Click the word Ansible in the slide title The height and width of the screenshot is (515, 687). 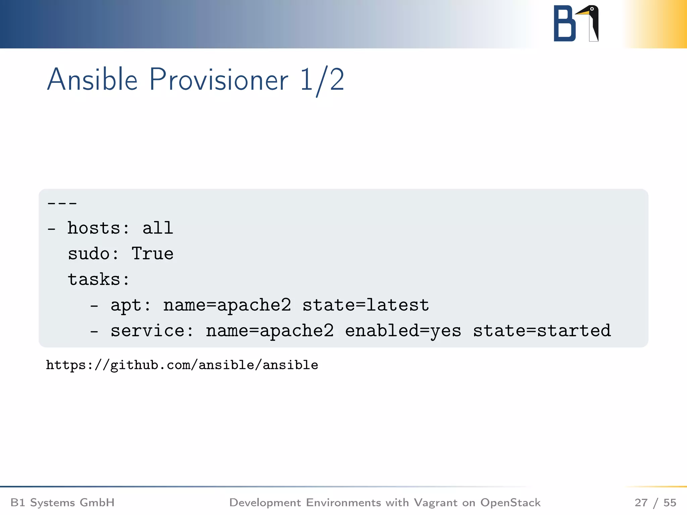[x=92, y=80]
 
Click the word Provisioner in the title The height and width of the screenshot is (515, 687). [x=219, y=80]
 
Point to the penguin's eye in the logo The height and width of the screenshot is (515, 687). [x=592, y=9]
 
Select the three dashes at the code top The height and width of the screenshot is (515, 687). [x=62, y=203]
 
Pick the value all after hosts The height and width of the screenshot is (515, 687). [x=158, y=228]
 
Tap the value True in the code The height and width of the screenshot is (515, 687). [x=153, y=254]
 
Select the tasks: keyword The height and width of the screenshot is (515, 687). [x=98, y=279]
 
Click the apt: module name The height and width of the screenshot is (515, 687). [x=130, y=305]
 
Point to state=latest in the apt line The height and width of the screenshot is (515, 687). [x=366, y=305]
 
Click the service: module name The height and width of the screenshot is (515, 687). [x=152, y=331]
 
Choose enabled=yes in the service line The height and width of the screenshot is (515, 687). [x=403, y=331]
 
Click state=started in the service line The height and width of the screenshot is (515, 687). [x=542, y=331]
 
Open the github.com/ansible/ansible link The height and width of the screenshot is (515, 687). [x=182, y=365]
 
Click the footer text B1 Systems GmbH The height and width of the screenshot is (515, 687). [x=63, y=503]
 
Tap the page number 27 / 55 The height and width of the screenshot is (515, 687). [x=655, y=503]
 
